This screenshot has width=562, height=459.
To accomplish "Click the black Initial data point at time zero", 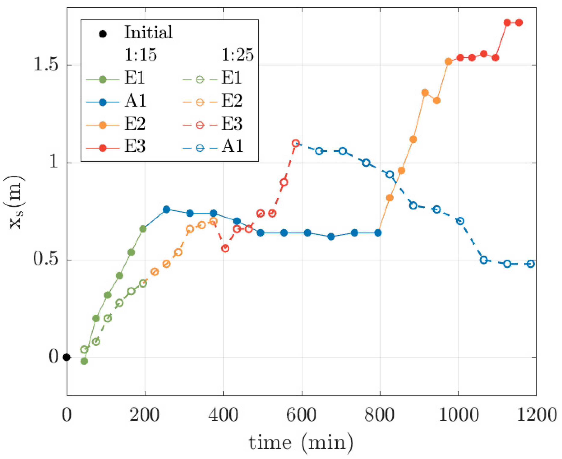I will point(67,357).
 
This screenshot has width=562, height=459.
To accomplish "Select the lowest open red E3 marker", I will point(225,248).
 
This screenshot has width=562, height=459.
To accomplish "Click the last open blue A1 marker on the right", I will point(531,264).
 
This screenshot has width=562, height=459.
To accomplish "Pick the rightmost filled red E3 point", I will point(519,23).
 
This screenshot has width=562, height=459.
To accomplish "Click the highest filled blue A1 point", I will point(166,210).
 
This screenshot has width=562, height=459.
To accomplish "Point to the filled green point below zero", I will point(84,361).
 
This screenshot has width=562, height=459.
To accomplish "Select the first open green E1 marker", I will point(84,350).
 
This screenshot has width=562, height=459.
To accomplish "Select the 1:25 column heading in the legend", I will point(237,55).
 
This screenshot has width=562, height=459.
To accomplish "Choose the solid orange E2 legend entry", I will point(116,124).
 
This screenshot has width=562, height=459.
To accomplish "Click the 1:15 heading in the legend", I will point(141,55).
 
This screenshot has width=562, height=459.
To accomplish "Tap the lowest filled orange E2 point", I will point(390,198).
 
